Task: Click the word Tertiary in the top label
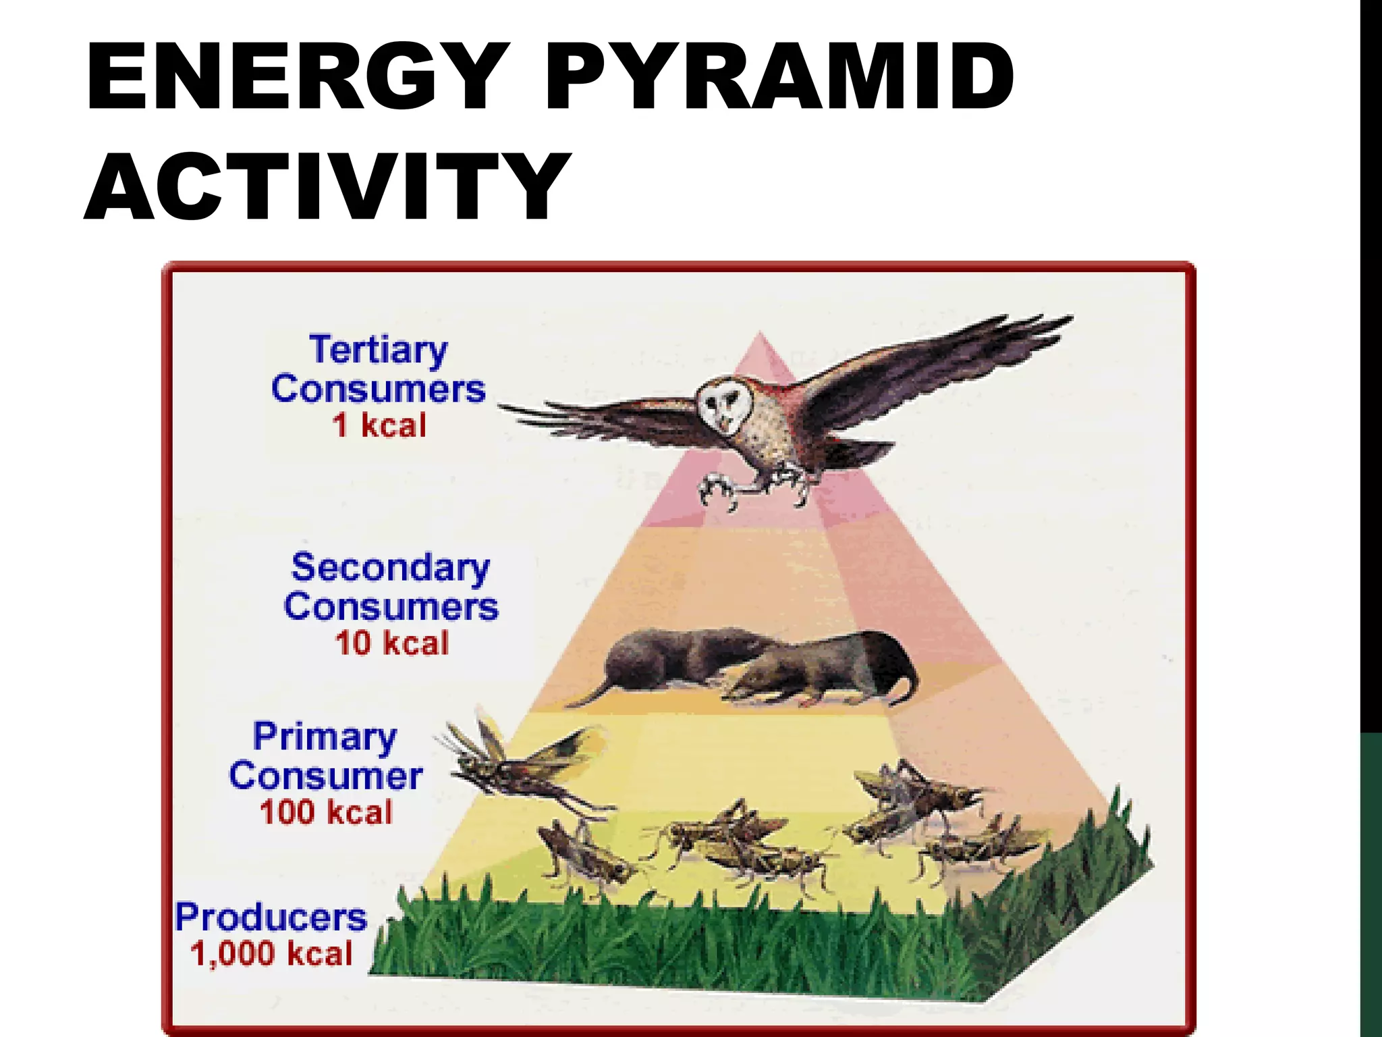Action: (x=379, y=351)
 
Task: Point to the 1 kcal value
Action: (x=379, y=426)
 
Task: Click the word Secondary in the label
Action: (x=390, y=568)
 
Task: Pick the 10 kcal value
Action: (x=392, y=643)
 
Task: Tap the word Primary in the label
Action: (x=325, y=737)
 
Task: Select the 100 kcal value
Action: (x=326, y=812)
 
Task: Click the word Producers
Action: (x=271, y=918)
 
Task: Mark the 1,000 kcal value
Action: (x=271, y=954)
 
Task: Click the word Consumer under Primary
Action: (x=326, y=776)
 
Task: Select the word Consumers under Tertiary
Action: (x=379, y=390)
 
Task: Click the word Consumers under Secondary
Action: (x=391, y=606)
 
